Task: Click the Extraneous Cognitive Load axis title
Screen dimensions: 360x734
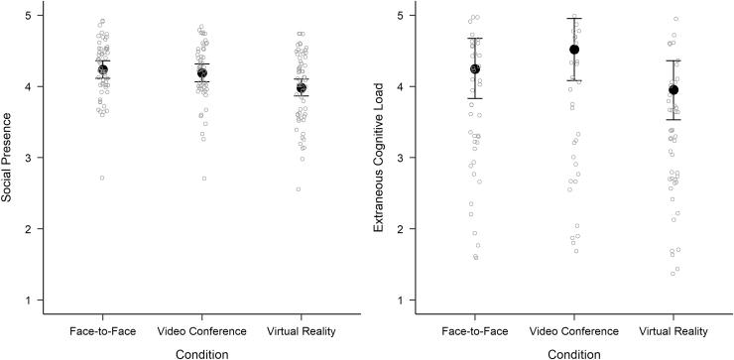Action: (x=378, y=157)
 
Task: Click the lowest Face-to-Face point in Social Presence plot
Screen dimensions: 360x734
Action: (x=101, y=178)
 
